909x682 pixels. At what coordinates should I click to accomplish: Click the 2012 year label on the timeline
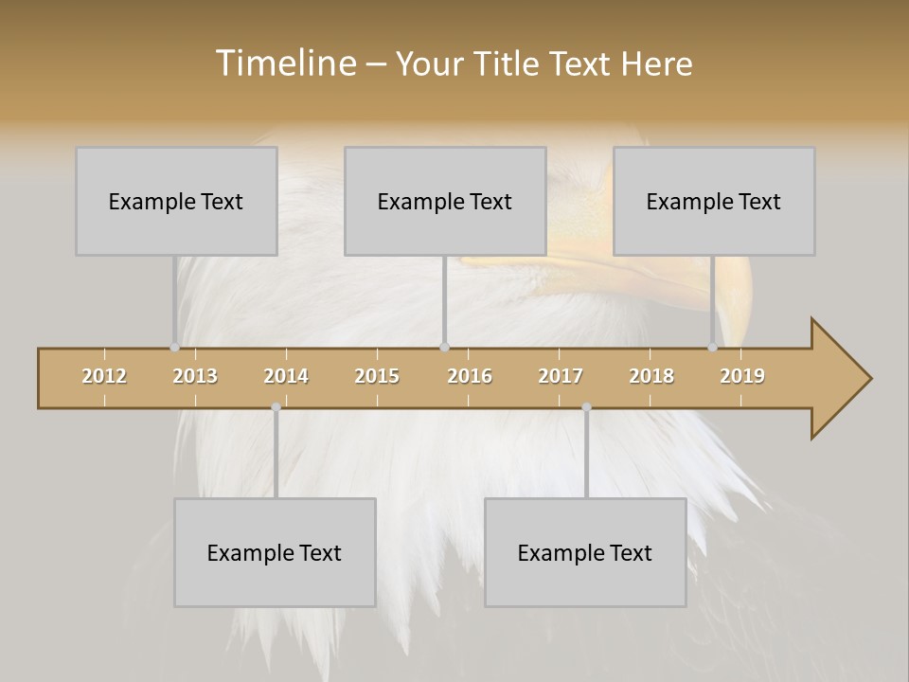point(104,376)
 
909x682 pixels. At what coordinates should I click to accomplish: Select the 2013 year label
point(195,376)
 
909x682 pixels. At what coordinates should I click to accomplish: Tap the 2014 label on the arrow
point(286,376)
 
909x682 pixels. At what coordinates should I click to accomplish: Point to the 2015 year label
point(377,376)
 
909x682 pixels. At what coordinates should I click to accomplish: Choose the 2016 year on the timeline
point(470,376)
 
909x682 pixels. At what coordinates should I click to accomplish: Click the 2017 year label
point(561,376)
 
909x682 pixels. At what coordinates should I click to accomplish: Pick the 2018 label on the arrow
point(651,376)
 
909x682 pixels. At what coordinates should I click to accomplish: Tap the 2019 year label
point(742,376)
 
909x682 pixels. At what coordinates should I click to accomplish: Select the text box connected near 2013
point(176,201)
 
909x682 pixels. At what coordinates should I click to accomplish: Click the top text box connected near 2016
point(445,201)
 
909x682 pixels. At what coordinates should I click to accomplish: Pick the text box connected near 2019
point(714,201)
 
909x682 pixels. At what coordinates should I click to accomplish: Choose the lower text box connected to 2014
point(275,552)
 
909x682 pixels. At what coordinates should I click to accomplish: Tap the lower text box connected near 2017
point(585,552)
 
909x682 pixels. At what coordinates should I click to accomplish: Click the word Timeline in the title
point(285,63)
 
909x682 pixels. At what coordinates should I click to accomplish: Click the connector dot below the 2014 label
point(276,406)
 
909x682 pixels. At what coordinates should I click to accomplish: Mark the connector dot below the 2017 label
point(586,406)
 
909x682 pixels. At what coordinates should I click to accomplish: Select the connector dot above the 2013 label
point(175,347)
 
